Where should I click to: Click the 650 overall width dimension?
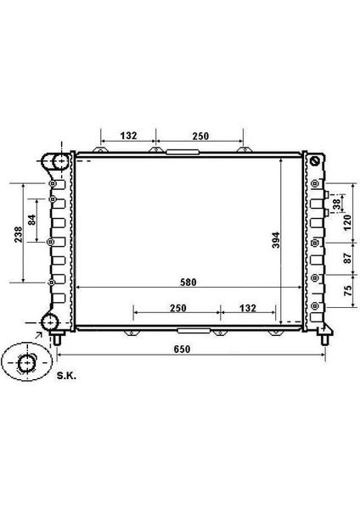182,350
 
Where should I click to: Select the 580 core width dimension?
188,282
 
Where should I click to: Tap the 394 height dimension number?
276,240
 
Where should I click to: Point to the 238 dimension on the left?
18,234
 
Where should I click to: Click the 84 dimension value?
32,220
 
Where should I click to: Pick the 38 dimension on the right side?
337,204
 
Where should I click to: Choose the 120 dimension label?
347,222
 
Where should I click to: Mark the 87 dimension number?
347,258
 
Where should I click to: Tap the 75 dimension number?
347,290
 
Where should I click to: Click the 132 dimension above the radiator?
129,136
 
